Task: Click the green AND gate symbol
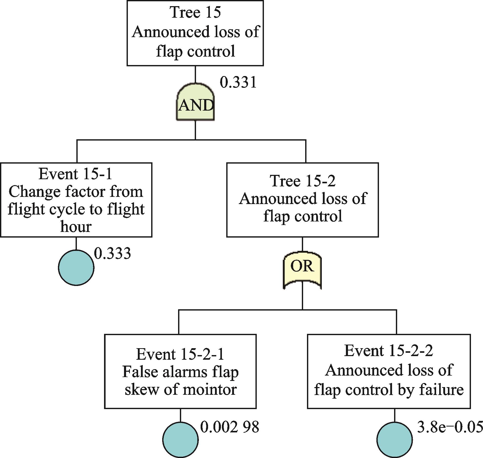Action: pyautogui.click(x=196, y=102)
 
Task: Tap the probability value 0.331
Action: pyautogui.click(x=238, y=83)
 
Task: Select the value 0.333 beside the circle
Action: pyautogui.click(x=112, y=253)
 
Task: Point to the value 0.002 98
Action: pyautogui.click(x=229, y=427)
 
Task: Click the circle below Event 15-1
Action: pyautogui.click(x=76, y=268)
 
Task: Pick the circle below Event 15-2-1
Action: pyautogui.click(x=180, y=439)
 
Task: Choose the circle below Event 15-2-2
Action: pyautogui.click(x=394, y=439)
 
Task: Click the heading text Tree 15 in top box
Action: pyautogui.click(x=195, y=12)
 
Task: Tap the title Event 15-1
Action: pyautogui.click(x=76, y=174)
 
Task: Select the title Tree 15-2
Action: pyautogui.click(x=302, y=181)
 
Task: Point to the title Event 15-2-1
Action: pyautogui.click(x=180, y=354)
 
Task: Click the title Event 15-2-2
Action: pyautogui.click(x=388, y=350)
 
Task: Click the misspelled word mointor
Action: pyautogui.click(x=210, y=389)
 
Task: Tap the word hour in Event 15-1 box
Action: pyautogui.click(x=76, y=227)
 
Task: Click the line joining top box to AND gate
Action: pyautogui.click(x=195, y=74)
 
